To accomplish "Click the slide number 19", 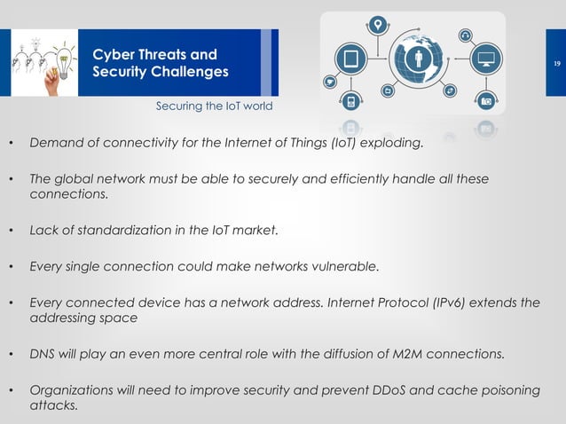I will [x=556, y=64].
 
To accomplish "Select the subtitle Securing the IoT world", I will [x=214, y=106].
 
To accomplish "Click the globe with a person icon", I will [x=421, y=59].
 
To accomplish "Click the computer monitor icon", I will [x=486, y=60].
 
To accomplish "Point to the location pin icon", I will [x=379, y=25].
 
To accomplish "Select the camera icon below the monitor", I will [x=486, y=101].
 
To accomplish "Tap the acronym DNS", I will [x=43, y=355].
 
